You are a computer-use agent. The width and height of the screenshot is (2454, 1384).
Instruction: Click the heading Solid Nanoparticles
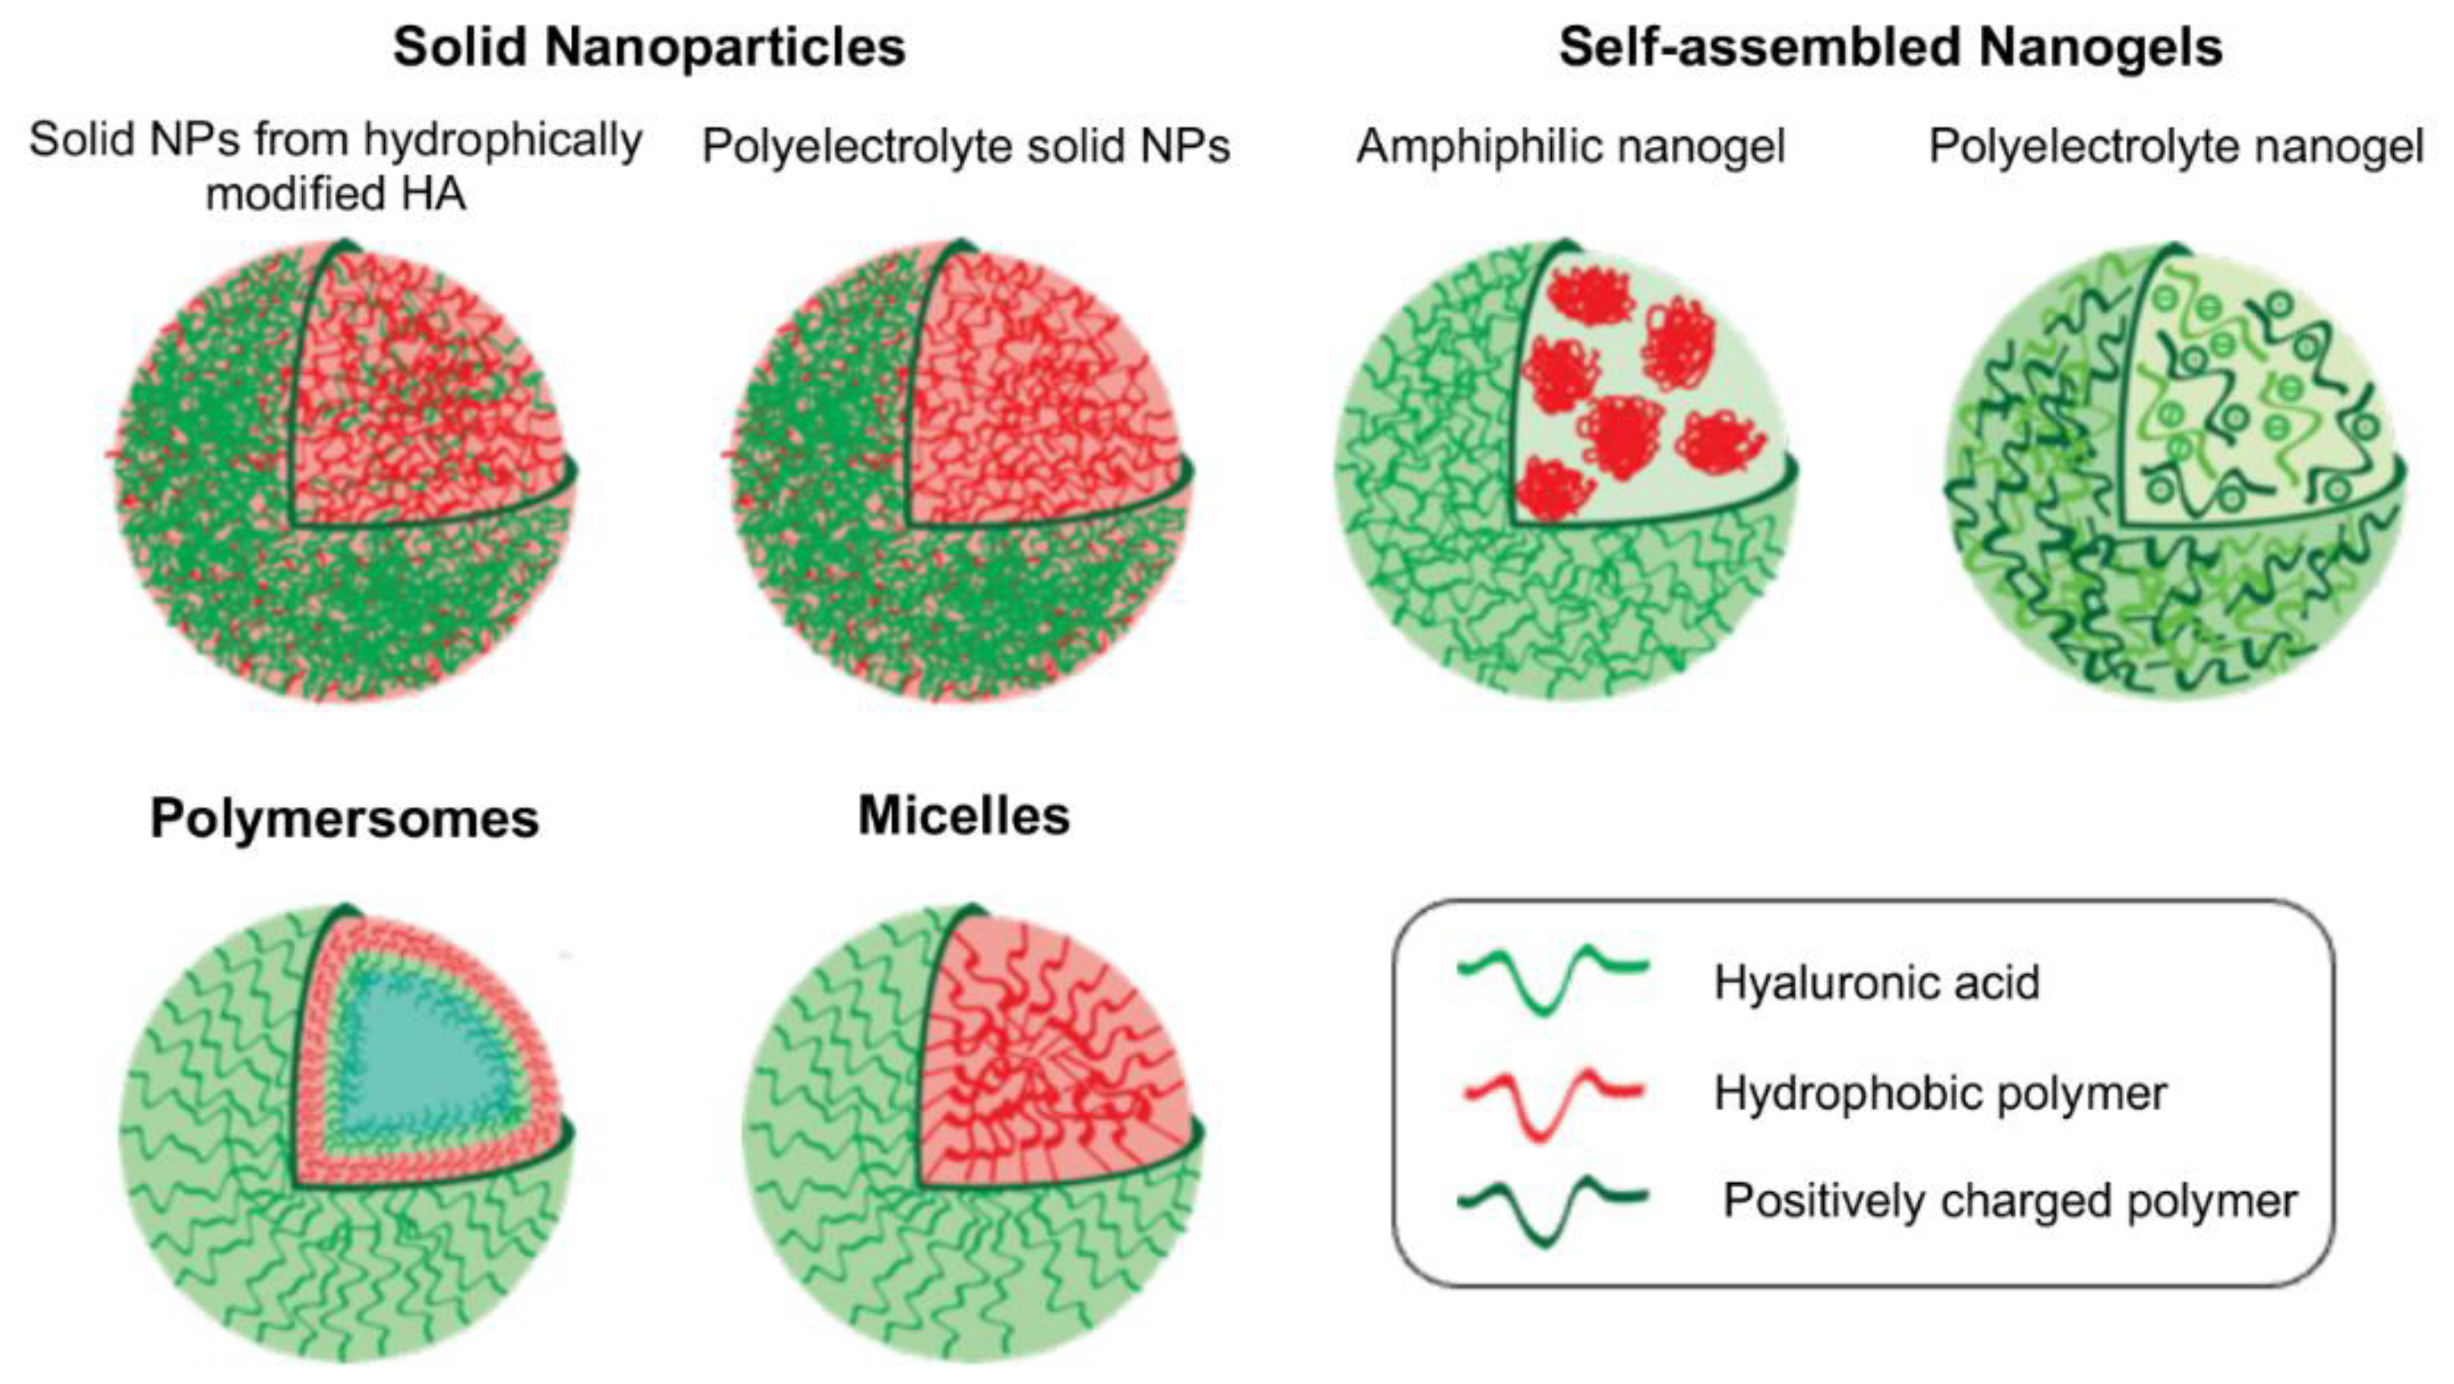(x=649, y=47)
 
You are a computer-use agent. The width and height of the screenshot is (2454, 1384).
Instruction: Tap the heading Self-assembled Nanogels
(x=1890, y=47)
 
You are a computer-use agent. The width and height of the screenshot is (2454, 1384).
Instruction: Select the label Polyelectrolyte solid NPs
(x=966, y=147)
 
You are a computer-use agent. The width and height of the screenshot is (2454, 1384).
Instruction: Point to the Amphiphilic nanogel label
(x=1570, y=147)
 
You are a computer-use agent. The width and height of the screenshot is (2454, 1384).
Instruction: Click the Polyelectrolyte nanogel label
(x=2176, y=147)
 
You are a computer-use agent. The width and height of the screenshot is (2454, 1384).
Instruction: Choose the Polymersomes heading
(x=345, y=818)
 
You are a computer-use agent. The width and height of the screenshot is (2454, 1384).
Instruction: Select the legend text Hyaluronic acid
(x=1876, y=982)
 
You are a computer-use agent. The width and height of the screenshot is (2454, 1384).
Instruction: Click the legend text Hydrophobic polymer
(x=1940, y=1093)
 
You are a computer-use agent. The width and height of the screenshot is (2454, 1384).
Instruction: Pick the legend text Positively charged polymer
(x=2010, y=1200)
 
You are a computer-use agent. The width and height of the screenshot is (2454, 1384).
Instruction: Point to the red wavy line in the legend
(x=1553, y=1105)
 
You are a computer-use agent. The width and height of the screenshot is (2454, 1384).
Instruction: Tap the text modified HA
(x=336, y=194)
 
